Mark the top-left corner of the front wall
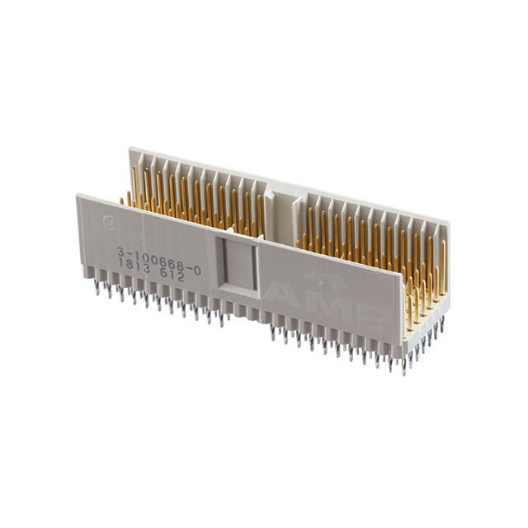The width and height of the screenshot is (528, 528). [x=78, y=196]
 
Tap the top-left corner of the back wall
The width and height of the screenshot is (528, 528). [x=130, y=148]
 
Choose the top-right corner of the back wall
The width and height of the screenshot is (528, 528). [x=449, y=222]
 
